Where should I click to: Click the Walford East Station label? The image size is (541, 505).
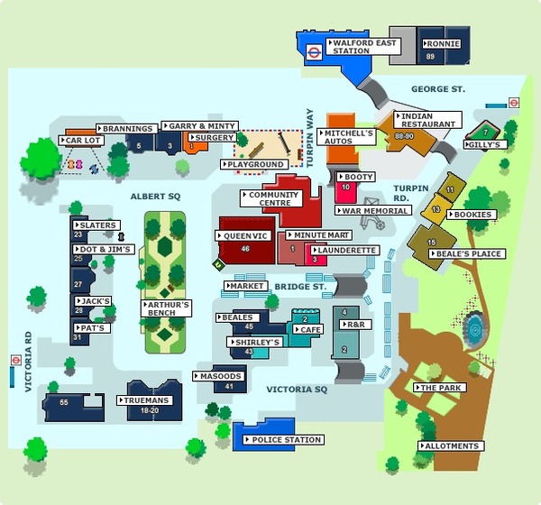point(363,47)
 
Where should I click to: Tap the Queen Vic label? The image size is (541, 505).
point(243,236)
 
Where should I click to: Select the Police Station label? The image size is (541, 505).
point(284,440)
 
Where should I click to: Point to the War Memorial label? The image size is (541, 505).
point(373,210)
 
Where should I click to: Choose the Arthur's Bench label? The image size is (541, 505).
point(166,308)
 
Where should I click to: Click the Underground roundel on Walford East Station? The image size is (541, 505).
point(315,53)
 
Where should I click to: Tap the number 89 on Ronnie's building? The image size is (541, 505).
point(430,56)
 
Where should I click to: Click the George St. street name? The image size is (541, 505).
point(438,89)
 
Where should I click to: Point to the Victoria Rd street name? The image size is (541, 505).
point(28,362)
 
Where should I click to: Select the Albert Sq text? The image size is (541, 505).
point(155,197)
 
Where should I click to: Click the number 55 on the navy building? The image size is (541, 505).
point(64,402)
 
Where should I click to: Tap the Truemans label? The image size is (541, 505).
point(144,400)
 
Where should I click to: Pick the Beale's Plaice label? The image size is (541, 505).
point(467,253)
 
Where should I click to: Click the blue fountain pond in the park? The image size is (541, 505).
point(475,329)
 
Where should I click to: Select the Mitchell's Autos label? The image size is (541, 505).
point(346,137)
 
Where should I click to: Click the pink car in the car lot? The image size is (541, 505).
point(79,164)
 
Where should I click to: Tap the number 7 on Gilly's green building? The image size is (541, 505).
point(485,133)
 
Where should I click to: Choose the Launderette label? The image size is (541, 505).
point(344,251)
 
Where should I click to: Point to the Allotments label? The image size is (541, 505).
point(452,446)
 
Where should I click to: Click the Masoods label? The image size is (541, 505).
point(219,376)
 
